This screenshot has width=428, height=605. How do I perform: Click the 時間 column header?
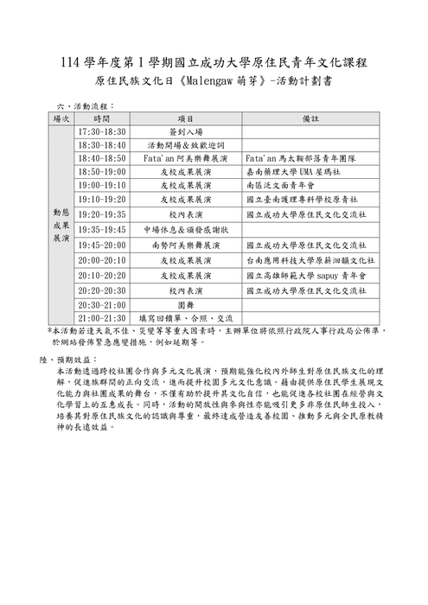[x=101, y=118]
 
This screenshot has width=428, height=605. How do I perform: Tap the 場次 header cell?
[x=61, y=118]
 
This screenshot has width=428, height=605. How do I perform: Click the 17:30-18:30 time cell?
[x=101, y=131]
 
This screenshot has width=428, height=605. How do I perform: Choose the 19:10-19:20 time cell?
[x=101, y=199]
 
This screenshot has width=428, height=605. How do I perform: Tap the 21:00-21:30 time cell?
[x=101, y=318]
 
